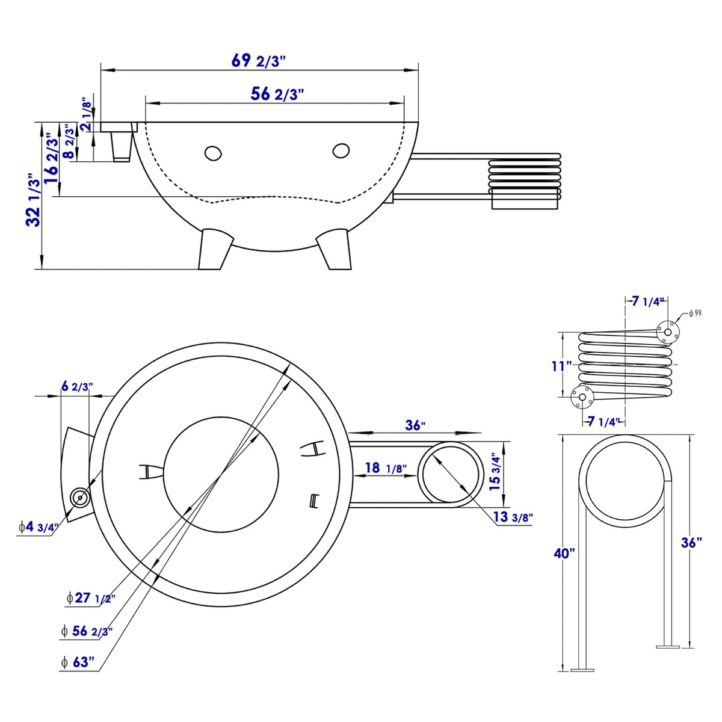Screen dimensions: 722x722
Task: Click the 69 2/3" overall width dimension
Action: coord(258,61)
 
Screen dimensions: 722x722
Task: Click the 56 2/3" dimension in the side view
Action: coord(276,94)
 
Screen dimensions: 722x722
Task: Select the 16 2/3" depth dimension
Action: coord(52,161)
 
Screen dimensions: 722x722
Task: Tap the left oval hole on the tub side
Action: coord(212,153)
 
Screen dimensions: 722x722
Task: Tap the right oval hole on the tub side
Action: coord(341,150)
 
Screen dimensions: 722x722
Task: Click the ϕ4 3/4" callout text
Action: coord(37,528)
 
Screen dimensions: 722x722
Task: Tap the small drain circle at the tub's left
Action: coord(79,498)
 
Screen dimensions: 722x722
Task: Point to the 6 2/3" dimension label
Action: coord(77,386)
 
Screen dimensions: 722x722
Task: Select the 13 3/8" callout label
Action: coord(513,517)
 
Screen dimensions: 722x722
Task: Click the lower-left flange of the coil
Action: coord(581,396)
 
